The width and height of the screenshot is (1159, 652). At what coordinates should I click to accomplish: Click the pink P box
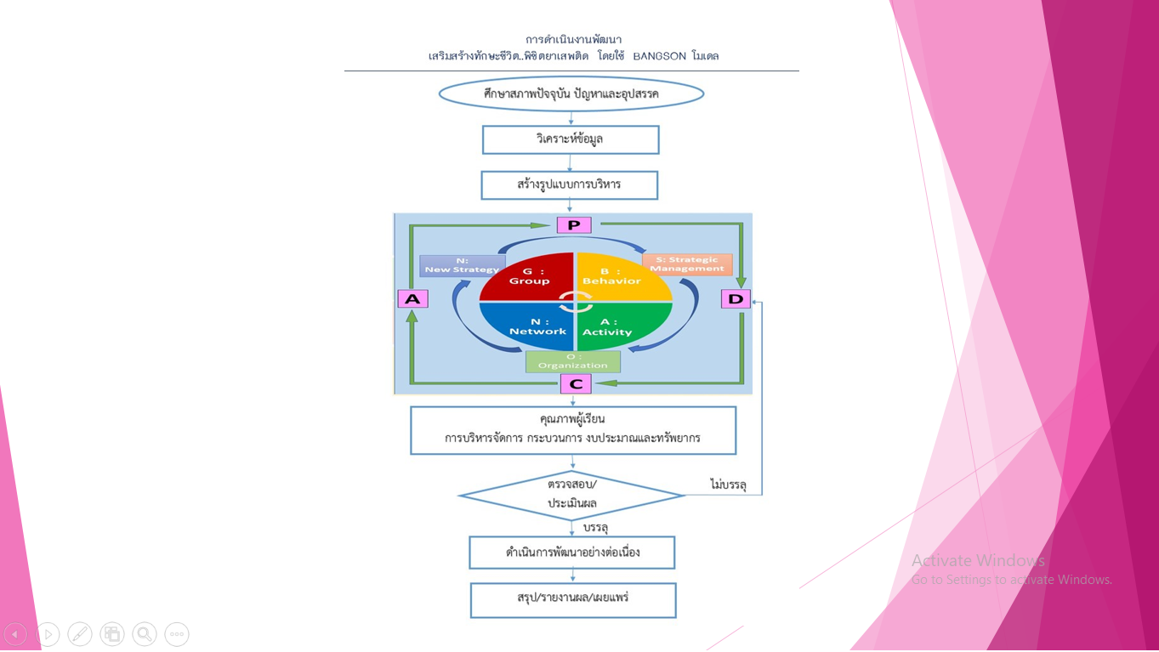[x=574, y=225]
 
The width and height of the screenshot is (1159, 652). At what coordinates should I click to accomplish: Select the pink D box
[x=736, y=299]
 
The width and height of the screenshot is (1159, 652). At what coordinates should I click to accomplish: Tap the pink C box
[x=576, y=384]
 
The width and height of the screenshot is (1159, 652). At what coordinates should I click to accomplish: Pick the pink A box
[x=412, y=299]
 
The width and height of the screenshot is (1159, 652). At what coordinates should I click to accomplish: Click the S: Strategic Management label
[x=687, y=264]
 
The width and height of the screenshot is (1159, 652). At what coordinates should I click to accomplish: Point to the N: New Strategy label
[x=462, y=265]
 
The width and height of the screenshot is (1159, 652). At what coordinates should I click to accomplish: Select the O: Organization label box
[x=573, y=362]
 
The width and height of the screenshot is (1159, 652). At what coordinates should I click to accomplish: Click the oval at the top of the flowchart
[x=571, y=94]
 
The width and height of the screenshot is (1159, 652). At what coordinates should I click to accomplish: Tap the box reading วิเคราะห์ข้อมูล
[x=571, y=140]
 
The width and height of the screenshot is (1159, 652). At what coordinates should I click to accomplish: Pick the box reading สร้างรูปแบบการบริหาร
[x=570, y=185]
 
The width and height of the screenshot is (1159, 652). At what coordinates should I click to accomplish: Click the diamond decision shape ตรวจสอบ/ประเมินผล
[x=571, y=495]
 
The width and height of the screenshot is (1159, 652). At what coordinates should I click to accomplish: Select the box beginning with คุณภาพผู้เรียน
[x=573, y=430]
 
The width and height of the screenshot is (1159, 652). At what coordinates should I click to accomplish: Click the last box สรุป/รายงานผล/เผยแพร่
[x=573, y=600]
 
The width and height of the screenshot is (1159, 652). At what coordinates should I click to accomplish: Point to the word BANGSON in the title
[x=659, y=56]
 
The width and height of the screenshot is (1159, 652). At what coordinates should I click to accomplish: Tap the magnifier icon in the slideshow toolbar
[x=145, y=634]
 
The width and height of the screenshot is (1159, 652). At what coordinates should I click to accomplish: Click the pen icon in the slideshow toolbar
[x=80, y=634]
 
